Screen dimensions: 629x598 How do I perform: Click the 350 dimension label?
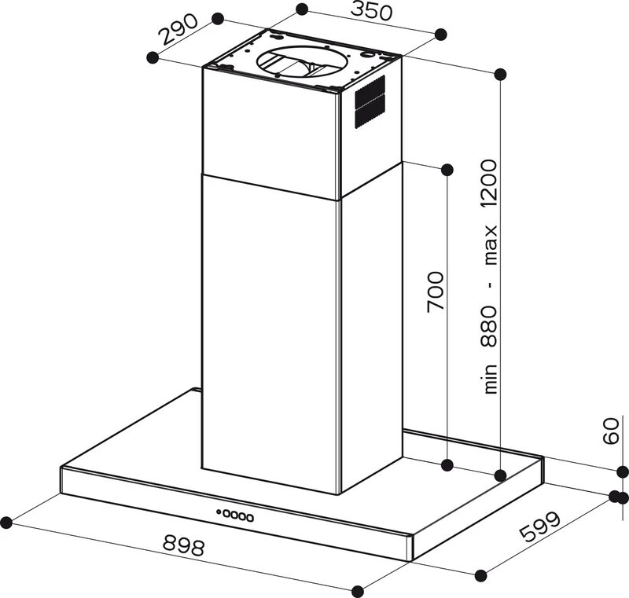[x=371, y=12]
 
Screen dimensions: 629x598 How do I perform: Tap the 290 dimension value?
[x=179, y=29]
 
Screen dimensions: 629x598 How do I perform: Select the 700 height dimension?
[x=436, y=292]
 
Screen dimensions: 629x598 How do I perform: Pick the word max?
[x=491, y=245]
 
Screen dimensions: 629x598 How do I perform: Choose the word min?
[x=491, y=379]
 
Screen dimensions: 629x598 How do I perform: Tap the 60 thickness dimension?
[x=612, y=431]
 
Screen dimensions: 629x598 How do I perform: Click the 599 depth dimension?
[x=539, y=526]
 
